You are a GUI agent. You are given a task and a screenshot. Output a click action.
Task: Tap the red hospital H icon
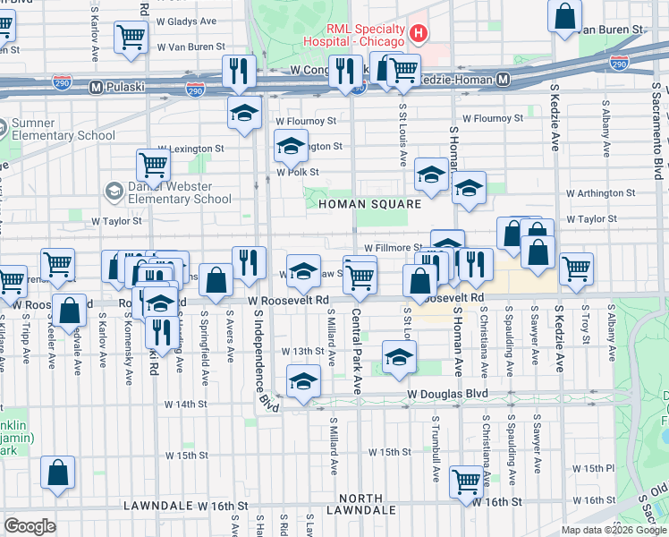click(418, 34)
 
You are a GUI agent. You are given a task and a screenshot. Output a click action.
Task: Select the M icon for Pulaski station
click(95, 87)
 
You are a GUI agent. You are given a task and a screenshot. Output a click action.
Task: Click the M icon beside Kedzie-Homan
click(504, 80)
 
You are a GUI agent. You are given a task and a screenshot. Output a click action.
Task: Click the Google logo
click(30, 526)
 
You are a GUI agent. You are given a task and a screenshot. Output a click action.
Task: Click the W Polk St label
click(298, 173)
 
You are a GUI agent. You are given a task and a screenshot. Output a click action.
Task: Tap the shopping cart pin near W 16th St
click(466, 481)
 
